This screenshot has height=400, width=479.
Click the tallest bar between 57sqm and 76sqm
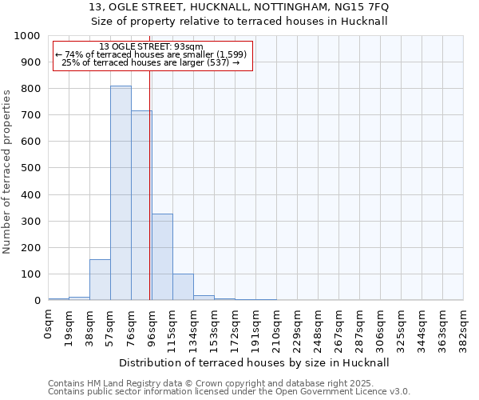click(121, 193)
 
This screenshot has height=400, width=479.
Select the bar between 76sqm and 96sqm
click(141, 206)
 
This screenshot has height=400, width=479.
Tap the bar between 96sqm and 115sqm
click(162, 257)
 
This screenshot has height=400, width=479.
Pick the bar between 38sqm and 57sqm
click(100, 280)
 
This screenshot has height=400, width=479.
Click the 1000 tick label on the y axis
click(27, 36)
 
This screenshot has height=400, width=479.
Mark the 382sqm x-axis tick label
click(463, 327)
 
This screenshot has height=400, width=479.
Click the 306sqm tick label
click(380, 327)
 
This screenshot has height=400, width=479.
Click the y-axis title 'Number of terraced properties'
click(8, 171)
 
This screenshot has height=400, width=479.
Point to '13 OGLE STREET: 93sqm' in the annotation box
click(152, 46)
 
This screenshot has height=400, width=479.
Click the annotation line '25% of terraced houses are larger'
click(152, 62)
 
